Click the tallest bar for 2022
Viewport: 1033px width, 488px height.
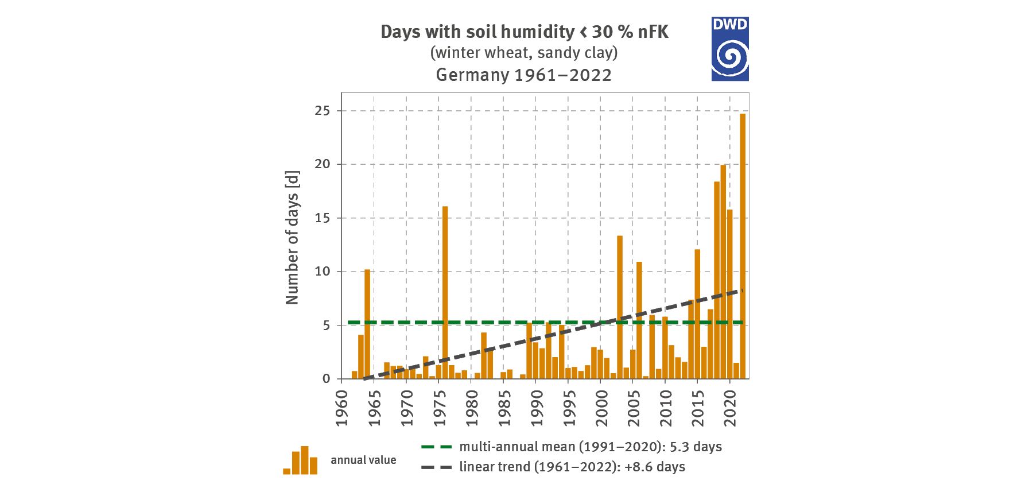coord(743,247)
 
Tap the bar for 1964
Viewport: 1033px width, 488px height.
coord(367,324)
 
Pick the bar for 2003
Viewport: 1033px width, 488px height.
coord(620,307)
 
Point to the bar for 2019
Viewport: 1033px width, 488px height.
coord(723,273)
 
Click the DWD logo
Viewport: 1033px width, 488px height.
coord(730,49)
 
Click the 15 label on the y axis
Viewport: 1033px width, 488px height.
coord(323,218)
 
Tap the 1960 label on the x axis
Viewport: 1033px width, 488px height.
coord(342,409)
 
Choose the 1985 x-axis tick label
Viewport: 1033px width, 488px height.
coord(504,409)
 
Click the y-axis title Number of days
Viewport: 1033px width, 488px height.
coord(292,237)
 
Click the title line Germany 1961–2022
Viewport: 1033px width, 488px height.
coord(523,75)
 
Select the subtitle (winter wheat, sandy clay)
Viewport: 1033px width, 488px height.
coord(523,53)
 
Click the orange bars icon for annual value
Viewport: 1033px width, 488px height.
coord(300,460)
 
